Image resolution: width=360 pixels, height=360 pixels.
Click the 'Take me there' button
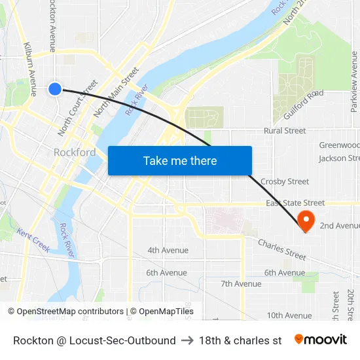(x=180, y=161)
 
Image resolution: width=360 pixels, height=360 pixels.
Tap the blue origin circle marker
(x=55, y=88)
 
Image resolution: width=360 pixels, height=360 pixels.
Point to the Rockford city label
(x=74, y=153)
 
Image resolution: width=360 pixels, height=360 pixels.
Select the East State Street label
(x=295, y=204)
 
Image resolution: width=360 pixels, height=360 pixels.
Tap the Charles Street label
(x=282, y=249)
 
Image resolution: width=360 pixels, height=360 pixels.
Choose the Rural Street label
(x=285, y=131)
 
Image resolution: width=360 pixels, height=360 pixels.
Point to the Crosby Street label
(x=285, y=181)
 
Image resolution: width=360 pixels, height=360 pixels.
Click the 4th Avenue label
(x=168, y=250)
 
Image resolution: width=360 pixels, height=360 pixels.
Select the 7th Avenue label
(x=241, y=284)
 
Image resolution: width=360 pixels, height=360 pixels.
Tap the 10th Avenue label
(x=289, y=315)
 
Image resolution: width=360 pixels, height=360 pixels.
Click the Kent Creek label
(x=33, y=240)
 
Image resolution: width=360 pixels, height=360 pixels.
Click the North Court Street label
(x=77, y=108)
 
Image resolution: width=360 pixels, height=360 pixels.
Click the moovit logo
(x=321, y=340)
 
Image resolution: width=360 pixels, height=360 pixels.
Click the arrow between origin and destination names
(x=187, y=340)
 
